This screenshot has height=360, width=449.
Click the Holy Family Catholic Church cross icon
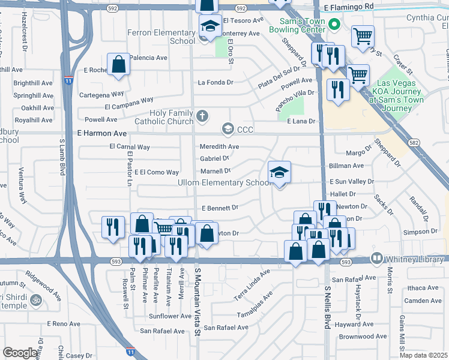pyautogui.click(x=203, y=116)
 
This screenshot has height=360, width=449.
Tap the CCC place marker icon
pyautogui.click(x=228, y=128)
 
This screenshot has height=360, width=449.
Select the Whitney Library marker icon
pyautogui.click(x=377, y=259)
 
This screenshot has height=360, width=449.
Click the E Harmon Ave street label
pyautogui.click(x=102, y=133)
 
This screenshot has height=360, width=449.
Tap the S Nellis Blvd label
pyautogui.click(x=328, y=307)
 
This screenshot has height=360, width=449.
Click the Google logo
pyautogui.click(x=20, y=353)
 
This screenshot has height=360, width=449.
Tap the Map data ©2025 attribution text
pyautogui.click(x=423, y=355)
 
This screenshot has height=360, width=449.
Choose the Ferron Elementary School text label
pyautogui.click(x=161, y=37)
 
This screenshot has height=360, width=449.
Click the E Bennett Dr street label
pyautogui.click(x=220, y=208)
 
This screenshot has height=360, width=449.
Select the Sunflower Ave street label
pyautogui.click(x=170, y=316)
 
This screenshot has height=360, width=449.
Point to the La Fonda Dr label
pyautogui.click(x=215, y=82)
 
